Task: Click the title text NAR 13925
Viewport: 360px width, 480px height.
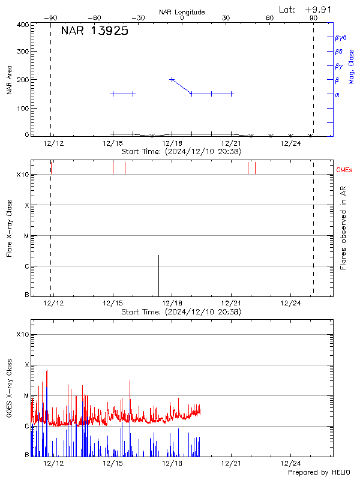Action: point(95,32)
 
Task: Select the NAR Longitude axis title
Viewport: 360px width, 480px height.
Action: point(182,12)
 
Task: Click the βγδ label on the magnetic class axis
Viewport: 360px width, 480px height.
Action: point(339,37)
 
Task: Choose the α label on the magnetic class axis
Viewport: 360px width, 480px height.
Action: point(337,94)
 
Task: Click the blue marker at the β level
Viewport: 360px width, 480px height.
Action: point(172,79)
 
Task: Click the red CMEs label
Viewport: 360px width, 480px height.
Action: point(345,171)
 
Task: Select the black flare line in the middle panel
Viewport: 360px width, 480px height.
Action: point(158,275)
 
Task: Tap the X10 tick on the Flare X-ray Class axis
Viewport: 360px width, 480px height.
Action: point(23,175)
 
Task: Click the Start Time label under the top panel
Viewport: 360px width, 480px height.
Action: point(182,152)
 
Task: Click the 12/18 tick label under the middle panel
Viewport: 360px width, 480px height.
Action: point(172,304)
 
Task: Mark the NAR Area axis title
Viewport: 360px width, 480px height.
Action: point(10,80)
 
